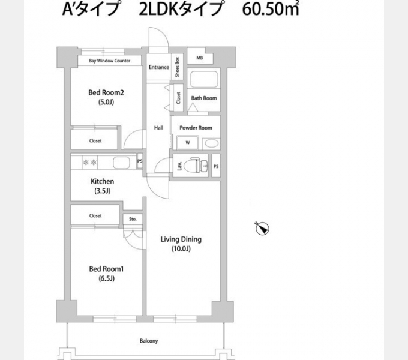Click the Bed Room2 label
pyautogui.click(x=106, y=92)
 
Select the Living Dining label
pyautogui.click(x=181, y=239)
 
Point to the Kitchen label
pyautogui.click(x=102, y=181)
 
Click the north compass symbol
pyautogui.click(x=262, y=228)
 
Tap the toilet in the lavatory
pyautogui.click(x=193, y=166)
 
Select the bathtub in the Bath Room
pyautogui.click(x=203, y=80)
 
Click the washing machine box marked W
pyautogui.click(x=187, y=143)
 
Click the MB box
pyautogui.click(x=199, y=58)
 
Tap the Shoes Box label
pyautogui.click(x=178, y=67)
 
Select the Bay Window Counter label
pyautogui.click(x=110, y=61)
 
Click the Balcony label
pyautogui.click(x=149, y=341)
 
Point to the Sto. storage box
pyautogui.click(x=133, y=220)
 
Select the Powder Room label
pyautogui.click(x=196, y=128)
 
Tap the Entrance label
pyautogui.click(x=159, y=67)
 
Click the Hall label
pyautogui.click(x=158, y=128)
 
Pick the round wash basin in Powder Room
pyautogui.click(x=210, y=143)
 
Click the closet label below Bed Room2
pyautogui.click(x=95, y=141)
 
